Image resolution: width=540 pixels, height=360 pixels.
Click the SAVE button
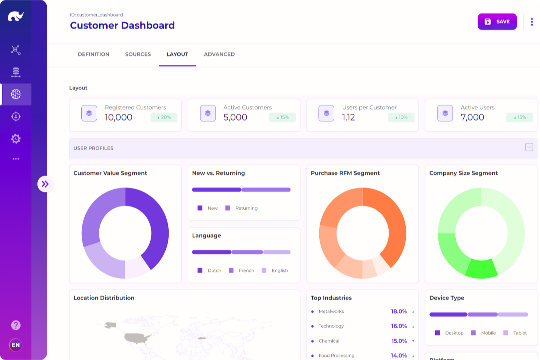point(497,22)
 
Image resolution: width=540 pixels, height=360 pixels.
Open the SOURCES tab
point(138,54)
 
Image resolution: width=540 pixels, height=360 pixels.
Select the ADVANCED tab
point(219,54)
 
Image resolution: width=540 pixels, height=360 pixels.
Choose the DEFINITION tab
point(93,54)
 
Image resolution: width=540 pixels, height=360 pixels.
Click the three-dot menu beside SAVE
point(532,22)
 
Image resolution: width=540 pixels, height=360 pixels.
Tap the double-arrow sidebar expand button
point(45,184)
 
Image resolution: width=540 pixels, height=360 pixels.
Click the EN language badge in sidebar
point(16,345)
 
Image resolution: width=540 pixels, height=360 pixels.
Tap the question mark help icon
point(16,325)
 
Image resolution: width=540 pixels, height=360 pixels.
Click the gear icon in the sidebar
point(16,139)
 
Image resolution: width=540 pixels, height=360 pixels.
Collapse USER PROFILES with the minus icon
point(529,147)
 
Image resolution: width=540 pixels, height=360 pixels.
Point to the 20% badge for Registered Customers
point(164,117)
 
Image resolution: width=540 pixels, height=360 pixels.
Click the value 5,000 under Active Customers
point(235,117)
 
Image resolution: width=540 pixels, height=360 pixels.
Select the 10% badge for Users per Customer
point(401,117)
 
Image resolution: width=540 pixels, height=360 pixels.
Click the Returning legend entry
point(246,208)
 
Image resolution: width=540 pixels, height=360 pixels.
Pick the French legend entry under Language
point(246,271)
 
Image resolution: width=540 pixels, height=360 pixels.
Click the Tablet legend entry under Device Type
point(520,333)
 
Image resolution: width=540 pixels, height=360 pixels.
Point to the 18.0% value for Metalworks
point(399,311)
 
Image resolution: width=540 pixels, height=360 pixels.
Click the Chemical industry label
point(329,341)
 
